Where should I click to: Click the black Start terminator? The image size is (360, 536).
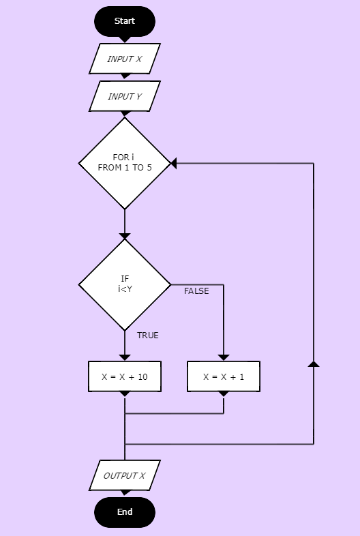click(x=125, y=21)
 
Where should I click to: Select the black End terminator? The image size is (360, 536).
click(x=125, y=512)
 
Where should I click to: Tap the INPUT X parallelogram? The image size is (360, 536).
click(x=125, y=59)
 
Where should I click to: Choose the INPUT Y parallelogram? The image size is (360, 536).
click(x=125, y=96)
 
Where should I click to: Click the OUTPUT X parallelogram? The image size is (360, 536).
click(x=125, y=475)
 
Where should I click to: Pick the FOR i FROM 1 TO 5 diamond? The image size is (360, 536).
click(x=125, y=163)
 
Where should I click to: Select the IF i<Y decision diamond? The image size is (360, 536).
click(x=125, y=284)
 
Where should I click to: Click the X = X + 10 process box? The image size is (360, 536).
click(x=125, y=376)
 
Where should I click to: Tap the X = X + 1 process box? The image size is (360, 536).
click(x=224, y=376)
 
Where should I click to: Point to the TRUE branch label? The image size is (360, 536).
click(x=148, y=336)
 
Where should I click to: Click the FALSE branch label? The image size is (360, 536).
click(x=196, y=291)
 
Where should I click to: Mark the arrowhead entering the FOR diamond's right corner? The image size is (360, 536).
click(x=173, y=164)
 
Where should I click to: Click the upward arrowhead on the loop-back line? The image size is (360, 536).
click(x=314, y=363)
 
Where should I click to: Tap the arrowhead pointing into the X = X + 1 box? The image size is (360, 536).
click(x=224, y=357)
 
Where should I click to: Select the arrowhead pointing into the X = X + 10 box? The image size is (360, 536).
click(x=125, y=357)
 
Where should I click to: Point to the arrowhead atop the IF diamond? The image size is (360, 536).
click(x=125, y=236)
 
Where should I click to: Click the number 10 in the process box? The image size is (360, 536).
click(x=143, y=376)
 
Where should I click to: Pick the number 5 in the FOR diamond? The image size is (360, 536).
click(x=149, y=168)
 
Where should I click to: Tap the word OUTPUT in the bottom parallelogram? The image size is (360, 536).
click(x=119, y=475)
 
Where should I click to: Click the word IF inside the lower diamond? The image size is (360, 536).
click(x=125, y=279)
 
